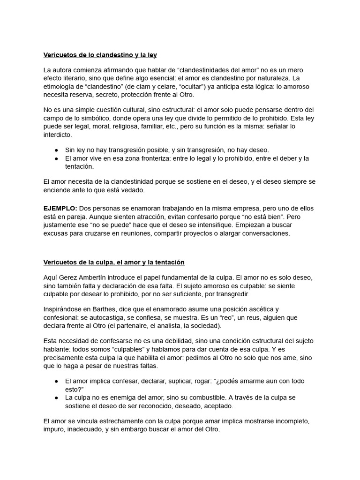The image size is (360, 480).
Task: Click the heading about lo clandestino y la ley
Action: click(100, 55)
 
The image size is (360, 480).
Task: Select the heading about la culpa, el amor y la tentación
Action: click(114, 262)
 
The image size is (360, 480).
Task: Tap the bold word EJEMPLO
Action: click(60, 208)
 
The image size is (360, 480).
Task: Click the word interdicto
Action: click(58, 135)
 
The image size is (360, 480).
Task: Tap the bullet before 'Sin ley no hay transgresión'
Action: click(56, 150)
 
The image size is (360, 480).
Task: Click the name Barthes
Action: click(102, 309)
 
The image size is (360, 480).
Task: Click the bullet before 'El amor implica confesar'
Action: click(56, 381)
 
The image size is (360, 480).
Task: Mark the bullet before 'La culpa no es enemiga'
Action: click(56, 397)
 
